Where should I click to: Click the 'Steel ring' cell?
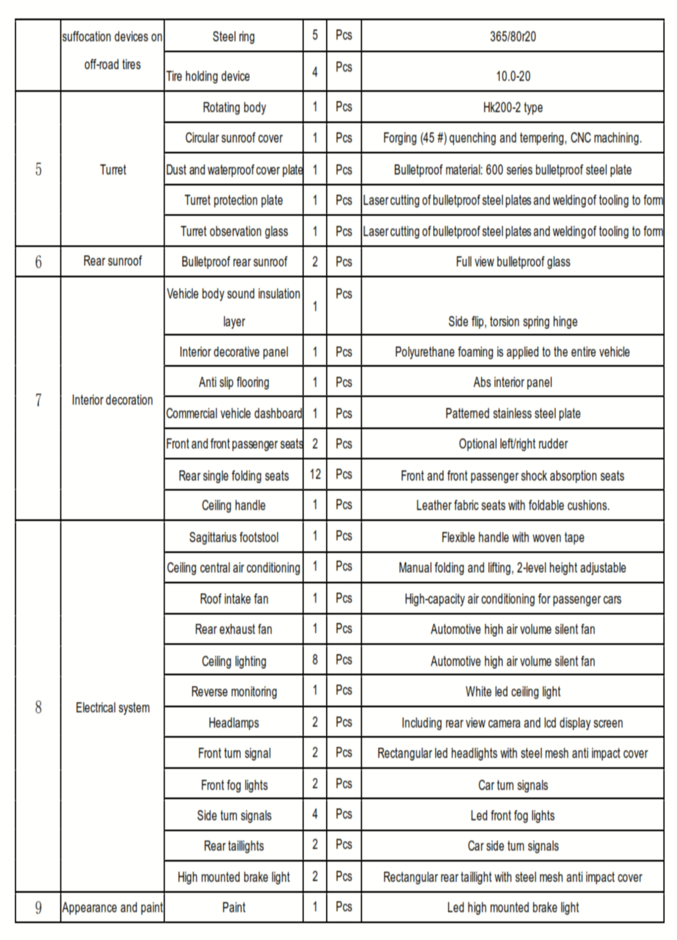point(233,37)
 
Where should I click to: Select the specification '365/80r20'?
point(513,37)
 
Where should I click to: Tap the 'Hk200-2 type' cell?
point(513,108)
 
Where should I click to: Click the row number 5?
point(38,170)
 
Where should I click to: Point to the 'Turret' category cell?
point(113,170)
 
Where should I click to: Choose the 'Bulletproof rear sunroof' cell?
point(233,262)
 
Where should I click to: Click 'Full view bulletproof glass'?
point(513,262)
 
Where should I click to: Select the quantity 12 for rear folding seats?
point(315,475)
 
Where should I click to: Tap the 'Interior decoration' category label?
point(113,400)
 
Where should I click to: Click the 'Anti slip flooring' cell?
point(233,383)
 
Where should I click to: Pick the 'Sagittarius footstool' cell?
point(233,538)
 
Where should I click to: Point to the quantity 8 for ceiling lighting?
point(315,660)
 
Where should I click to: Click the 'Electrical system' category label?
point(113,708)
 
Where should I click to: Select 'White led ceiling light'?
point(513,692)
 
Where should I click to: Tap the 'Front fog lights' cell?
point(233,785)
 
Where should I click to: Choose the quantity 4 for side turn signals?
point(315,814)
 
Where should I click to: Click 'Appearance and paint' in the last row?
point(113,908)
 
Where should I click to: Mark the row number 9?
point(38,908)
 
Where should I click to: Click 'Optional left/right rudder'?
point(513,444)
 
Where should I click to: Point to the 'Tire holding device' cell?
point(208,77)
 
